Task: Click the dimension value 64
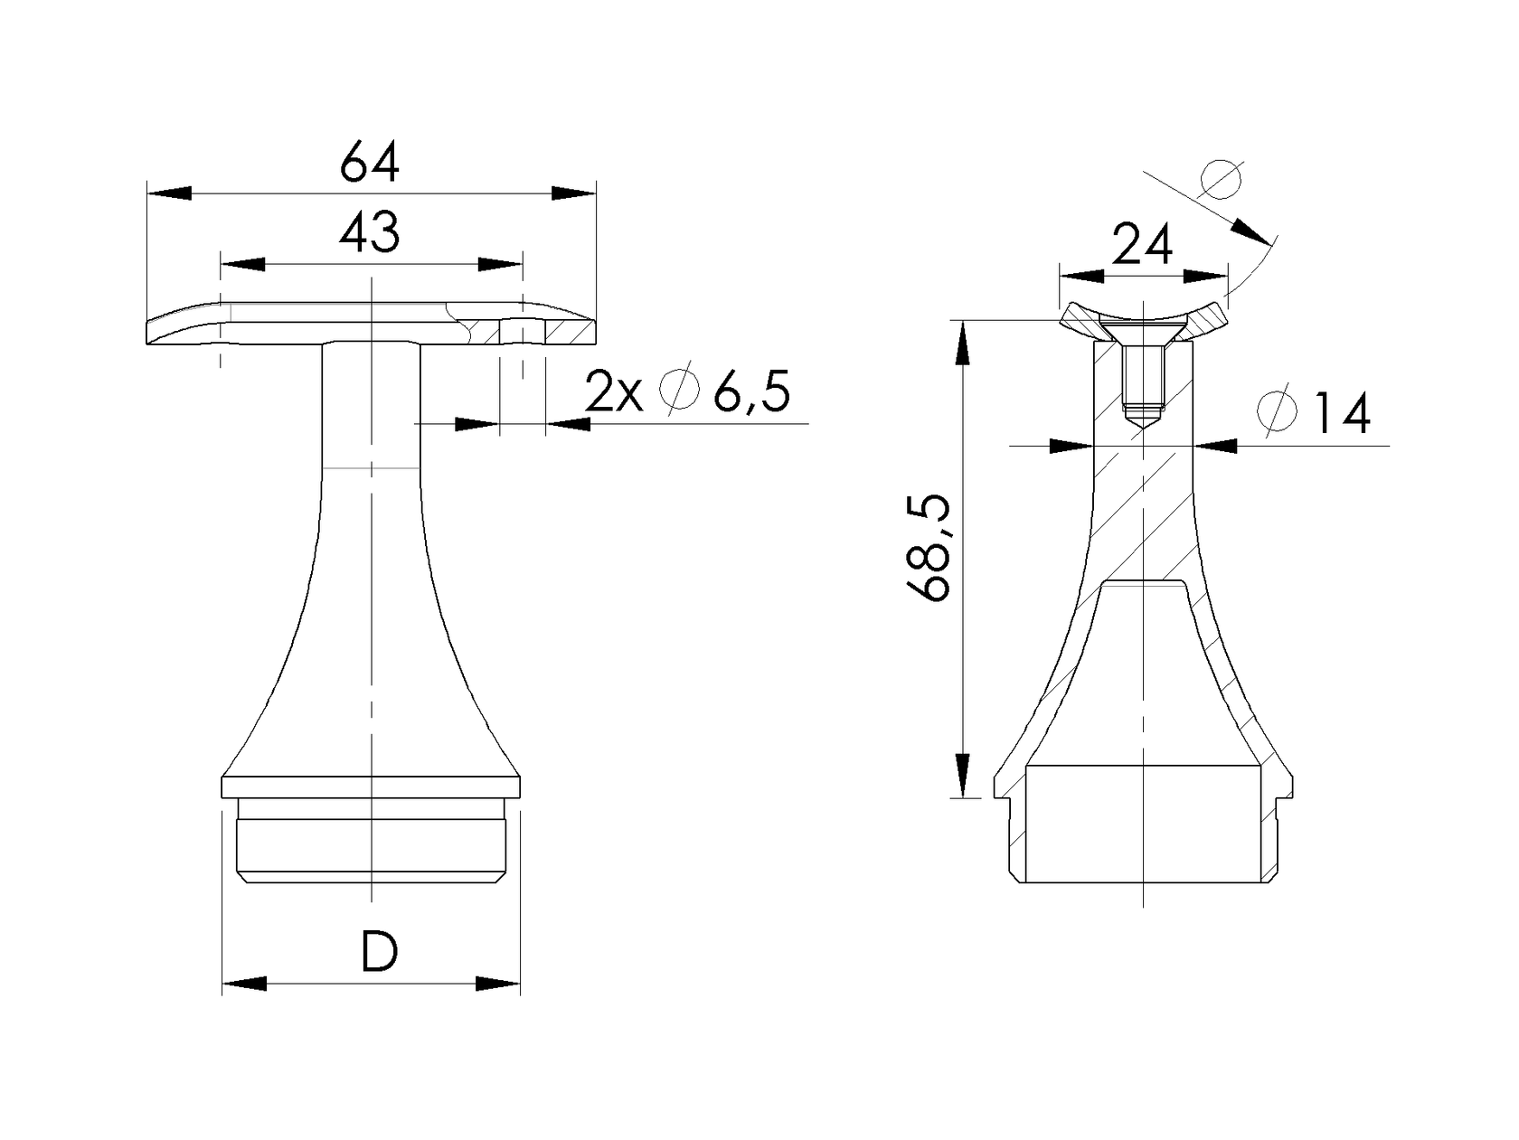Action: [369, 164]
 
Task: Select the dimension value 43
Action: [369, 234]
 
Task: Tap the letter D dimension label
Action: [378, 952]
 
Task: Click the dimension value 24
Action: [1142, 244]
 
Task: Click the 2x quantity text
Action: [614, 392]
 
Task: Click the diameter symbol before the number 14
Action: [1278, 412]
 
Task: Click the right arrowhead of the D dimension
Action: [498, 984]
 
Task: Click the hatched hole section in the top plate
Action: [522, 332]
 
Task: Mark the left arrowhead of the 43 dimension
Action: [243, 264]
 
